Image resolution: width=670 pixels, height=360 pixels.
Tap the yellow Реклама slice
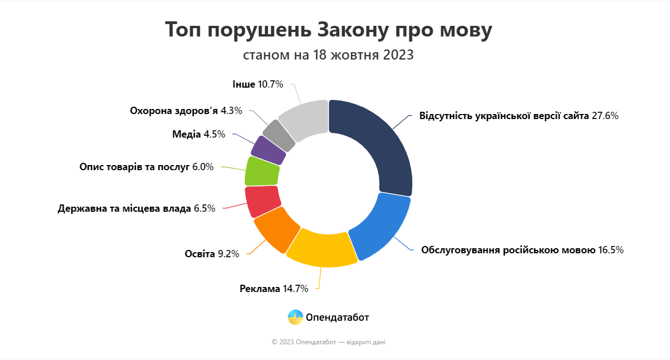tap(321, 247)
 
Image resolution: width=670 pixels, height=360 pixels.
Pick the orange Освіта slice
tap(276, 228)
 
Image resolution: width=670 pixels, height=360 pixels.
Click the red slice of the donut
tap(262, 201)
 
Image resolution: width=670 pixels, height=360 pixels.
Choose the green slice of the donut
tap(262, 171)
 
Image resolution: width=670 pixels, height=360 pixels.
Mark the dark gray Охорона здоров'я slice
tap(279, 134)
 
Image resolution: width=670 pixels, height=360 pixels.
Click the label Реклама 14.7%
tap(274, 289)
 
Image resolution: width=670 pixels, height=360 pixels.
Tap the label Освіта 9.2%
tap(212, 254)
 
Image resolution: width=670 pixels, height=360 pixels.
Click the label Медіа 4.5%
tap(198, 134)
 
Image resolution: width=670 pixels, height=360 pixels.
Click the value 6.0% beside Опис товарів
tap(203, 167)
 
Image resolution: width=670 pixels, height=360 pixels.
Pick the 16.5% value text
tap(610, 250)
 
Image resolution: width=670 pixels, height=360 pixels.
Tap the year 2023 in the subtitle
tap(399, 56)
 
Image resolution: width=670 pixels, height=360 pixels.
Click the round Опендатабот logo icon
tap(295, 317)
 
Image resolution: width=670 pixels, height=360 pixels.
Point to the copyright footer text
tap(329, 341)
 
